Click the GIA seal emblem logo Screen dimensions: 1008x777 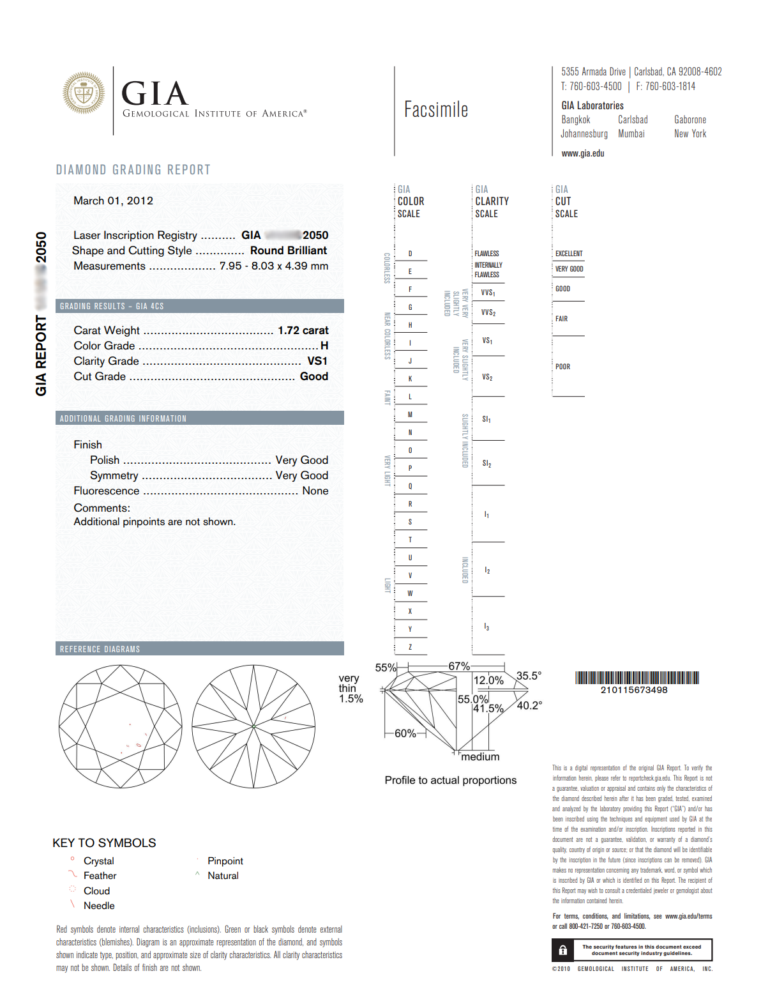click(84, 93)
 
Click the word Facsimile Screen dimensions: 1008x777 click(436, 110)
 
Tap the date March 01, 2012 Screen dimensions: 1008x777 click(113, 201)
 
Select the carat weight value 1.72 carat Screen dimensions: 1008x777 click(303, 330)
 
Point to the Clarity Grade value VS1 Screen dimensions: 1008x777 click(317, 361)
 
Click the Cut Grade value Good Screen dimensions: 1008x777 click(314, 376)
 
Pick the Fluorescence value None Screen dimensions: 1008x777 click(315, 491)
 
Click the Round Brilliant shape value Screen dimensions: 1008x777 click(289, 250)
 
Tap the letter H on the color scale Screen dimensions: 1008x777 click(410, 325)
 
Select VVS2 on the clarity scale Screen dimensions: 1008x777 click(488, 312)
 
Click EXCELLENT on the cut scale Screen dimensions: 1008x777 click(569, 254)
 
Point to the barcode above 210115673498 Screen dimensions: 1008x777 click(637, 678)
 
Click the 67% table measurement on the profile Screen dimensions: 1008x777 click(459, 666)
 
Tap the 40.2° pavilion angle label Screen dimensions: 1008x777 click(529, 705)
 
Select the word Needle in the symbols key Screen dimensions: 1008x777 click(99, 906)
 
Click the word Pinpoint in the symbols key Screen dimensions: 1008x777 click(225, 861)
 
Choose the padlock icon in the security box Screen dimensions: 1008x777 click(562, 950)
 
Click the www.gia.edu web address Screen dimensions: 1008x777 click(582, 153)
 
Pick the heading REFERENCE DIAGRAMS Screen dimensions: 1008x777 click(100, 649)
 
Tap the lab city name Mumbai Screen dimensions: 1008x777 click(631, 134)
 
